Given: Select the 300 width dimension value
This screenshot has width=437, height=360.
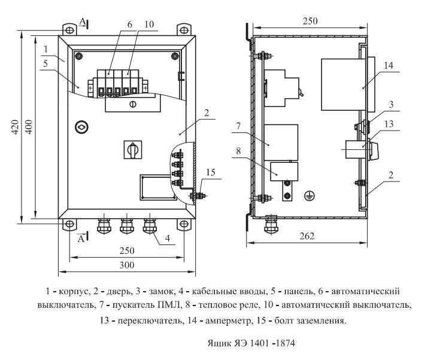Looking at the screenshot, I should pyautogui.click(x=126, y=265).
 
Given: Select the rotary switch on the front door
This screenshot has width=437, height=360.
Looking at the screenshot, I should pyautogui.click(x=132, y=150).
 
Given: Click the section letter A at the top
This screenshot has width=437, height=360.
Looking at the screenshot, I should pyautogui.click(x=83, y=22).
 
